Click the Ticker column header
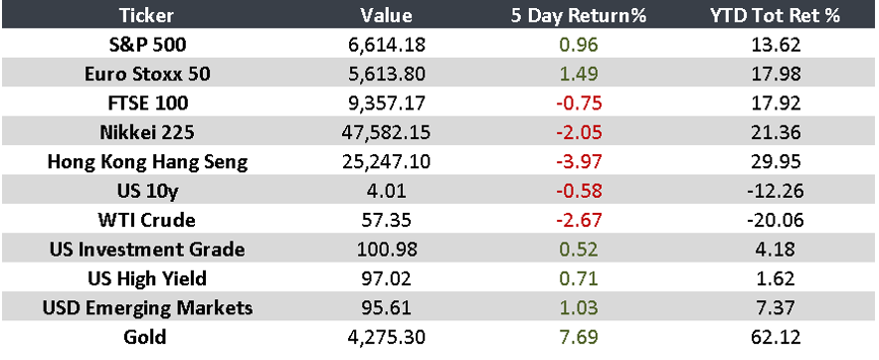point(148,15)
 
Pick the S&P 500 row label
point(148,45)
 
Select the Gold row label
point(148,336)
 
